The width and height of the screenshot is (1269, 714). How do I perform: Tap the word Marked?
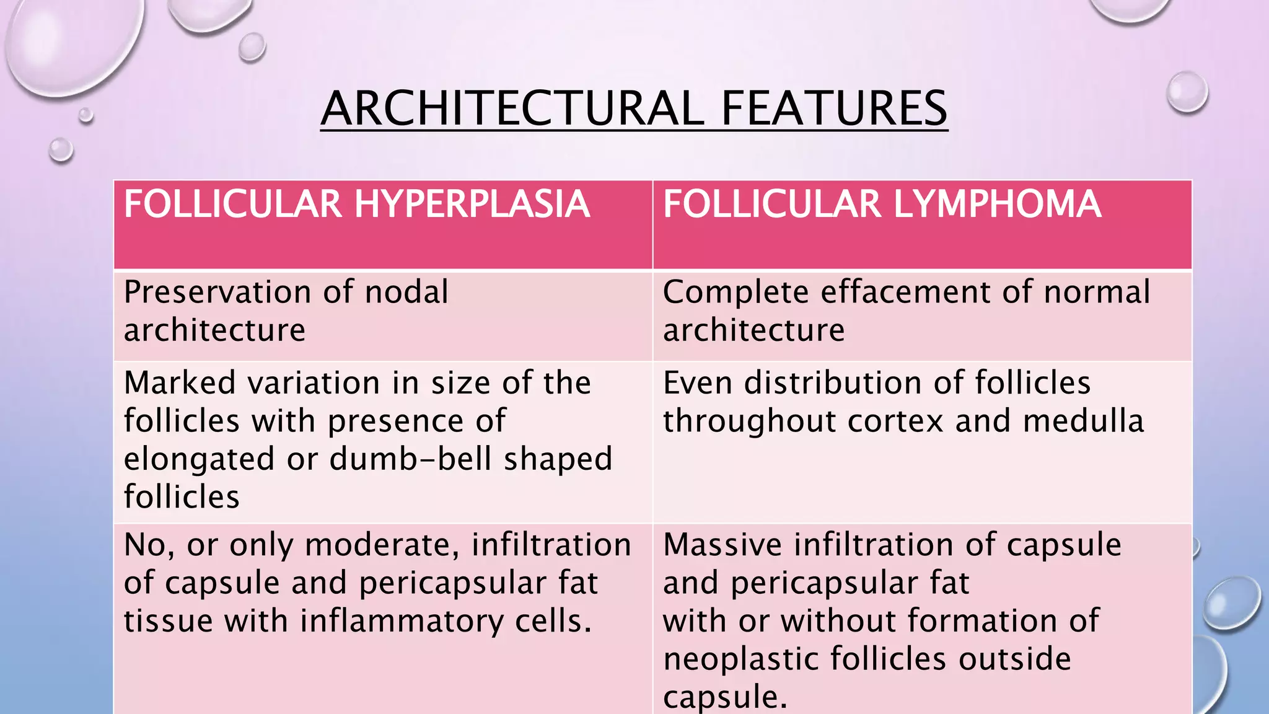[x=180, y=382]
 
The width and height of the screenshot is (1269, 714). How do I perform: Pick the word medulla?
[x=1083, y=421]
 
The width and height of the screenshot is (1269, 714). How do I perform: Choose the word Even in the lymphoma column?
[x=698, y=382]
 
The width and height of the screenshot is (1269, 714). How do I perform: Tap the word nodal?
[x=406, y=292]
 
